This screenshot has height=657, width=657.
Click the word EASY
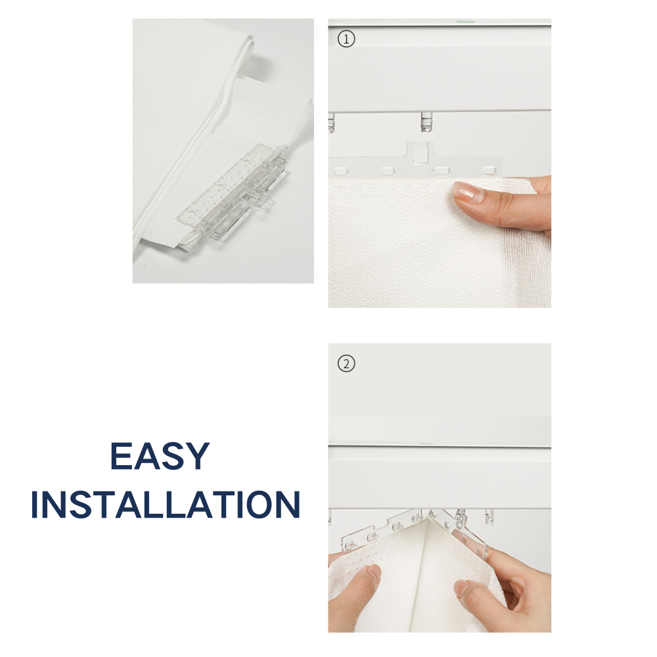tap(160, 456)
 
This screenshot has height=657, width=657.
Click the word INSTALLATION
tap(166, 505)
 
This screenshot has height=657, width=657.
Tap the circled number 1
tap(346, 39)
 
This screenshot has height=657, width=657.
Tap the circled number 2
tap(346, 363)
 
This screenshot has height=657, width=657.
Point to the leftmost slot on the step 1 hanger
tap(341, 171)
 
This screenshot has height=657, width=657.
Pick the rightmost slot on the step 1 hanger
tap(488, 171)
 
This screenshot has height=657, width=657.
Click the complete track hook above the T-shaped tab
tap(426, 122)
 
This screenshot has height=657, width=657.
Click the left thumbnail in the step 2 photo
tap(374, 572)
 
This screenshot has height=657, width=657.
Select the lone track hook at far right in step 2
tap(489, 516)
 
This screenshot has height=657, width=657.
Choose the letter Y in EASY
tap(197, 456)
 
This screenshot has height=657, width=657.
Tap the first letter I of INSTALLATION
tap(35, 505)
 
